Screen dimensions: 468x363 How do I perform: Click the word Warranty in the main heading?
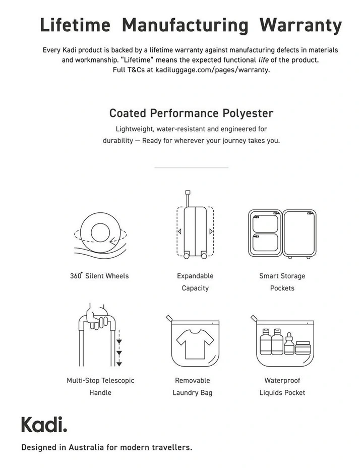[x=300, y=25]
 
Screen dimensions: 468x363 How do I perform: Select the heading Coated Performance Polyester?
[x=191, y=112]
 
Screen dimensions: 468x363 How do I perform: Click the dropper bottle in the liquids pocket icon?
[x=289, y=343]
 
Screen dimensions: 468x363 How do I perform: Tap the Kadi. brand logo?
[x=44, y=425]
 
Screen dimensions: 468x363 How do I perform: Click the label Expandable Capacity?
[x=195, y=282]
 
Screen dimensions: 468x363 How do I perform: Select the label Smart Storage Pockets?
[x=282, y=282]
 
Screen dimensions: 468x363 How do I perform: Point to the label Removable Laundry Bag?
[x=192, y=386]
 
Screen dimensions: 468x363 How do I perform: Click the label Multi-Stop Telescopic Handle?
[x=100, y=386]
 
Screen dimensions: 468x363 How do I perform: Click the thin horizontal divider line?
[x=191, y=167]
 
